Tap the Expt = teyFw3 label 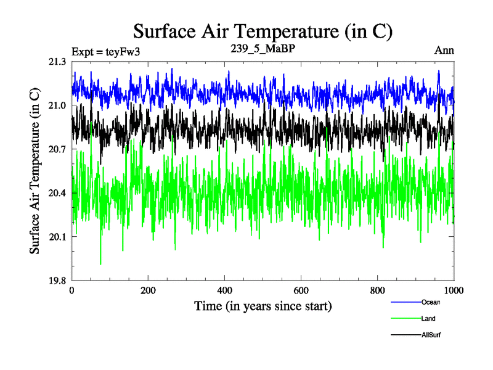106,51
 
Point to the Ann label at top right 444,51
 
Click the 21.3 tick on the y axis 57,62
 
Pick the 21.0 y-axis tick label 57,105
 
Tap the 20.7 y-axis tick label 57,149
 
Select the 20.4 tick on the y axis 57,193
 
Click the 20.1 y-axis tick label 57,237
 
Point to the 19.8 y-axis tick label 57,281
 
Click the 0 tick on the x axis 72,290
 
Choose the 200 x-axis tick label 149,290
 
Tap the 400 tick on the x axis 225,290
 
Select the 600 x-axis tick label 301,290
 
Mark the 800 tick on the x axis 378,290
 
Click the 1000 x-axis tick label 454,290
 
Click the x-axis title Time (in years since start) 263,306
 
